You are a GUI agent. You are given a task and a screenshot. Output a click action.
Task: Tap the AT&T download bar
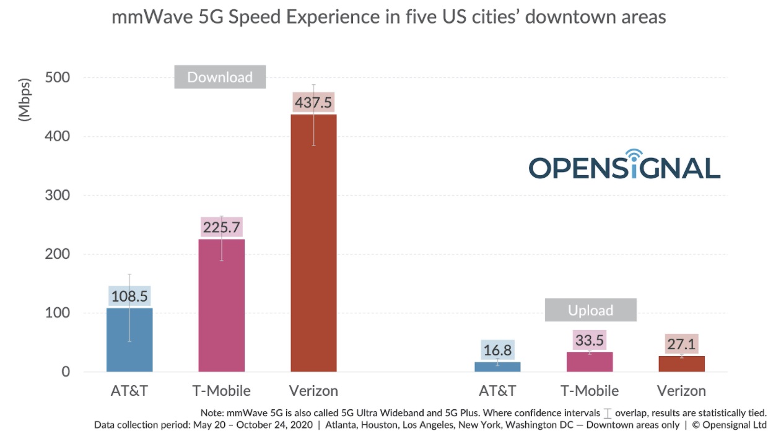pos(129,340)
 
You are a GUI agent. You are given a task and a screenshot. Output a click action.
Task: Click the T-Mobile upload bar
pos(590,362)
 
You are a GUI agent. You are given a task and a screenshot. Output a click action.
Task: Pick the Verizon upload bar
pos(681,364)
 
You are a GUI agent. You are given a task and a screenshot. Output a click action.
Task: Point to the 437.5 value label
pos(313,103)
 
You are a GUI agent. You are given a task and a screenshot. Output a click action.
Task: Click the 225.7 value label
pos(222,227)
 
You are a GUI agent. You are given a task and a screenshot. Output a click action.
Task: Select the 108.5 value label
pos(129,295)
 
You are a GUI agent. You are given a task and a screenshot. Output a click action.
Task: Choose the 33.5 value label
pos(590,341)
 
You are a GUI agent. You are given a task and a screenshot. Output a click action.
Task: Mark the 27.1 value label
pos(681,344)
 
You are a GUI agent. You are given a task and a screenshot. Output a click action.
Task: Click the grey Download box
pos(220,77)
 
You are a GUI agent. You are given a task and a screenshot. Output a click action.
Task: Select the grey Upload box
pos(590,310)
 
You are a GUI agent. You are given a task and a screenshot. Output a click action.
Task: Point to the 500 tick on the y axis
pos(57,77)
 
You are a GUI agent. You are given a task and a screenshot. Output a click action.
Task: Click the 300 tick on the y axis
pos(57,195)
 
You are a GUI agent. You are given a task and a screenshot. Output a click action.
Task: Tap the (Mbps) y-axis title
pos(25,99)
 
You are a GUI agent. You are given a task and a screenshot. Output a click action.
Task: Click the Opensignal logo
pos(624,165)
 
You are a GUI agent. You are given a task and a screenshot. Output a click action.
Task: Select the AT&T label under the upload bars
pos(498,391)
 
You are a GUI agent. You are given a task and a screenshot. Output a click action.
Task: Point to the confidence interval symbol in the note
pos(608,413)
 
